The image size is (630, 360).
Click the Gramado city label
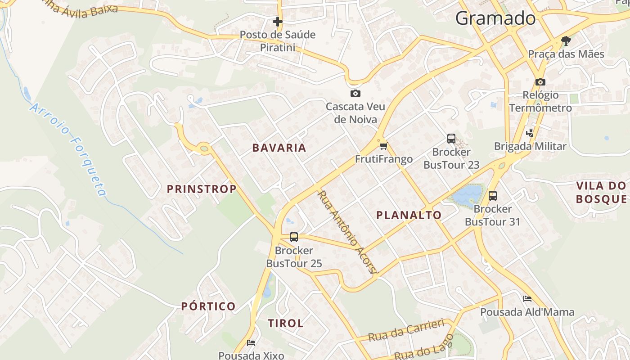pos(495,18)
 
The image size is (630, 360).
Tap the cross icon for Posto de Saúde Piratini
pos(278,21)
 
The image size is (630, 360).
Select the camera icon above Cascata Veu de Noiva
pos(355,93)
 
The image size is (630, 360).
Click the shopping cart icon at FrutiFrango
pos(383,146)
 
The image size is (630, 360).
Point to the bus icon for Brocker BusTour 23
pos(451,139)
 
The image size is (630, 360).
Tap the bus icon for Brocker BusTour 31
pos(493,196)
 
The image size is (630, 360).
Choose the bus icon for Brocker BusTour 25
pos(294,237)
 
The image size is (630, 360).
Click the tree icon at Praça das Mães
pos(566,41)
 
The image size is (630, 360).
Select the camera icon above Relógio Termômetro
pos(540,82)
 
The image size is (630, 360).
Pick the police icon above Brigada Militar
pos(530,133)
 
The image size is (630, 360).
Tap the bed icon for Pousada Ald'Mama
pos(527,299)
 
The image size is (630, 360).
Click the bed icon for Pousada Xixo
pos(251,343)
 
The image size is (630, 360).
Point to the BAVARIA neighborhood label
pos(279,148)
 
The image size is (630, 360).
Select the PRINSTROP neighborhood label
pos(202,189)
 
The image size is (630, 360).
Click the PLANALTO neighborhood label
pos(409,215)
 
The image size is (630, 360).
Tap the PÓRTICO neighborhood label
pos(208,306)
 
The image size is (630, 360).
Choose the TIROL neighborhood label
pos(286,323)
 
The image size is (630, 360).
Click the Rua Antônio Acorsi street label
pos(346,232)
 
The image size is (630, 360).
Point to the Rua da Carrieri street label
pos(406,330)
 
